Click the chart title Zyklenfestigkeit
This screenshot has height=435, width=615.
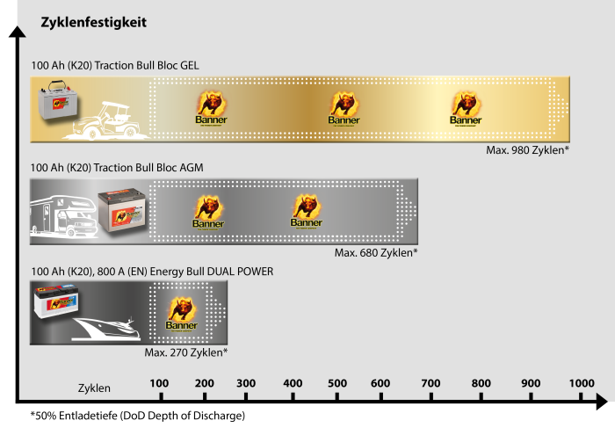93,22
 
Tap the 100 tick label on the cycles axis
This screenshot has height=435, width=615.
159,383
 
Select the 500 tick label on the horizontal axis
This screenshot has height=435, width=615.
337,383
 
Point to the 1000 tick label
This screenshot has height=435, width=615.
582,383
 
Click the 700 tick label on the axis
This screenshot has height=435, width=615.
430,383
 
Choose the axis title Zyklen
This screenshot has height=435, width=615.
94,388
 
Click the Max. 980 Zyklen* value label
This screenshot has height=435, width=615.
527,150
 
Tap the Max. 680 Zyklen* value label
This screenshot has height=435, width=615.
376,253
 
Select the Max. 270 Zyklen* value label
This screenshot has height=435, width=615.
186,352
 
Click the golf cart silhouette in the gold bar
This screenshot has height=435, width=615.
106,120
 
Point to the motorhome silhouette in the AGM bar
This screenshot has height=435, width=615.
63,216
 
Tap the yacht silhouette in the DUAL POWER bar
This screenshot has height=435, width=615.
106,329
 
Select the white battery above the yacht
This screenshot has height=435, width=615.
55,302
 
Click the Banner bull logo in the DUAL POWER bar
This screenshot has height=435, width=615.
182,314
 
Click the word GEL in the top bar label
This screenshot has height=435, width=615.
190,66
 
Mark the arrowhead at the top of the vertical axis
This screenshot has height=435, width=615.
18,32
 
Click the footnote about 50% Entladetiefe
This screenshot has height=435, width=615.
138,416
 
